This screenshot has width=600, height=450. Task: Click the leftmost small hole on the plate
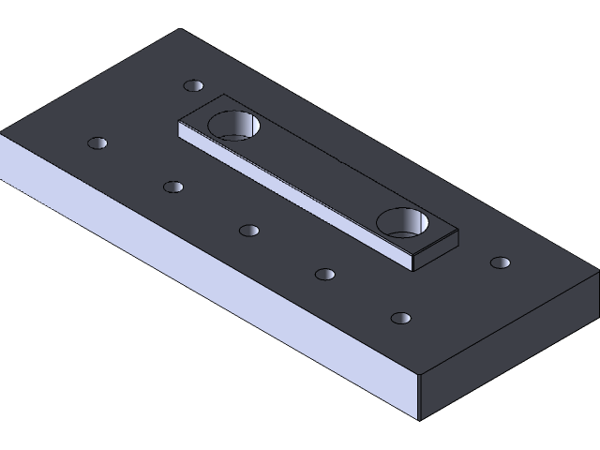[97, 143]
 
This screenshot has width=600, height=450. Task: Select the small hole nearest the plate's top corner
[193, 85]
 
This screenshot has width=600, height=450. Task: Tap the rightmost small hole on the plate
[501, 262]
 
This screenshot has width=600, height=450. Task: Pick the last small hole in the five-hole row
[401, 318]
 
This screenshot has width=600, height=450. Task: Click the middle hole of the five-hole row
[248, 231]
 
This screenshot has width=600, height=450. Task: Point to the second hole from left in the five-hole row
[172, 187]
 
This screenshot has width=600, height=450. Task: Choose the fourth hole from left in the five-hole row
[324, 275]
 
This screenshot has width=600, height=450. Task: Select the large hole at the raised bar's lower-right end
[403, 222]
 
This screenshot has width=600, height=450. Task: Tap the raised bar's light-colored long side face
[291, 193]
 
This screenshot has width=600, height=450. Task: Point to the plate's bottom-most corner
[420, 419]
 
